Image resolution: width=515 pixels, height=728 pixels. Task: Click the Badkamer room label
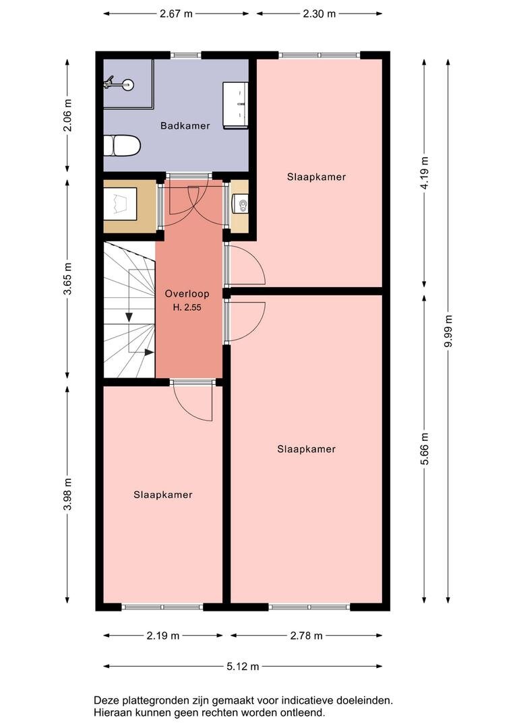pos(185,125)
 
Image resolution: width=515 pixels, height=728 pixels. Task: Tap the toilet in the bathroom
pos(121,146)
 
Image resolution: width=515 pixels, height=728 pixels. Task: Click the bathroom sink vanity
pos(235,105)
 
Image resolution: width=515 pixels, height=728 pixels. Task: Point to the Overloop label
pos(187,293)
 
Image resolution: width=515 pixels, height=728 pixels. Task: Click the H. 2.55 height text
pos(187,307)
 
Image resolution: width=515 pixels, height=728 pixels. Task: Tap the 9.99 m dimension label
pos(448,331)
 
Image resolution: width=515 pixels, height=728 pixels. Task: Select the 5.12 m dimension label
pos(243,666)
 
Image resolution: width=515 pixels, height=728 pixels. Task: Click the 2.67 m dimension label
pos(176,13)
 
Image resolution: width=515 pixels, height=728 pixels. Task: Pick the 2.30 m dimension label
pos(319,13)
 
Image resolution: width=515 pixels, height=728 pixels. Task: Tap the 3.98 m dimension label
pos(67,494)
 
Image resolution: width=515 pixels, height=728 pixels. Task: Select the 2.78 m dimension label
pos(307,636)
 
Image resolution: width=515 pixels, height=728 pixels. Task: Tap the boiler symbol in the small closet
pos(241,204)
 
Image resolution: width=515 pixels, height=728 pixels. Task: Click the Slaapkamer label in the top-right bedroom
pos(316,177)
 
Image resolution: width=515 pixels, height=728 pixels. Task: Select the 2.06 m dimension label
pos(67,115)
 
